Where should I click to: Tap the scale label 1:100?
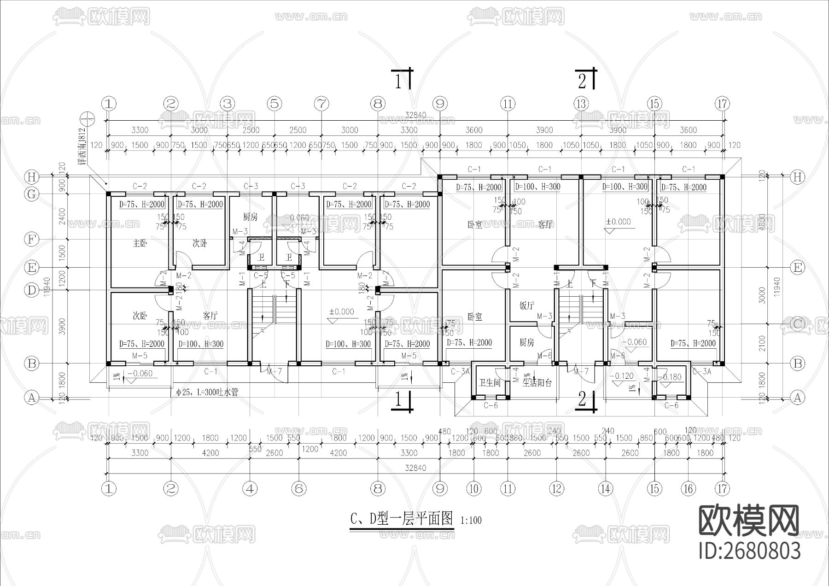pos(471,521)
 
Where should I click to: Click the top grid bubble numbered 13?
pos(581,104)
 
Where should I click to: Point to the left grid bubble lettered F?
pos(31,239)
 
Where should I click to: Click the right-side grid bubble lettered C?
pos(797,324)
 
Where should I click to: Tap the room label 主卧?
pos(140,243)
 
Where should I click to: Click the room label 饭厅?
pos(526,305)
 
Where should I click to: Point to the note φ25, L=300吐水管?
pos(207,393)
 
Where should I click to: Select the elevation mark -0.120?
pos(621,376)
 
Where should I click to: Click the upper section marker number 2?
pos(582,82)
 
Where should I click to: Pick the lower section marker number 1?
pos(399,400)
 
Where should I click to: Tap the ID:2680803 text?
pos(749,551)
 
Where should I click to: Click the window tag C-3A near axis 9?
pos(460,371)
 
